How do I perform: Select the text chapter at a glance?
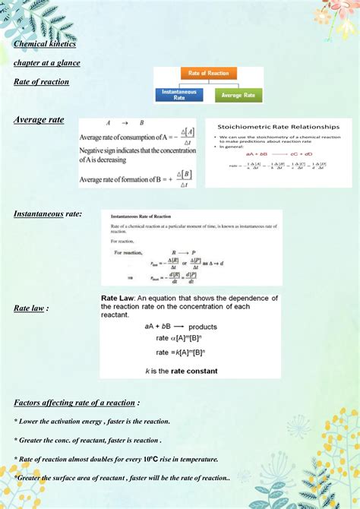[47, 63]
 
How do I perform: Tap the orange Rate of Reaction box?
[208, 74]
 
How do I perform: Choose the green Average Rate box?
[238, 96]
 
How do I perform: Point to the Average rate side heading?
[39, 120]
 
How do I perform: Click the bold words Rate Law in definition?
[118, 299]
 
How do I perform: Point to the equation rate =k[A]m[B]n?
[182, 353]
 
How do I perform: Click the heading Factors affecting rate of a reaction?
[76, 402]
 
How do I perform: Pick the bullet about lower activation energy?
[92, 421]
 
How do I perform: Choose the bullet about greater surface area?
[122, 478]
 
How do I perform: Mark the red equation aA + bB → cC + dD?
[278, 154]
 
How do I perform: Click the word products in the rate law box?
[203, 327]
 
